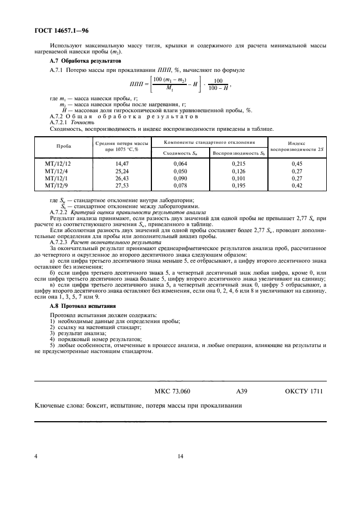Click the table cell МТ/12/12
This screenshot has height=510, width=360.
coord(57,163)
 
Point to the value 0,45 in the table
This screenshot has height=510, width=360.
coord(297,163)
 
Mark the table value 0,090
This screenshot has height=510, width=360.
coord(180,178)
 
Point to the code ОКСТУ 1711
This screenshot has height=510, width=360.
coord(304,391)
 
